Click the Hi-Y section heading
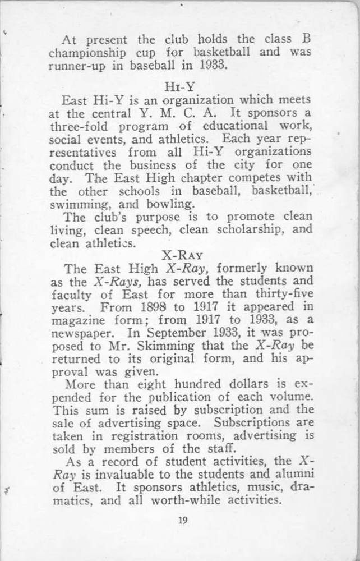[x=181, y=87]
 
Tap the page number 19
[x=182, y=519]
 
